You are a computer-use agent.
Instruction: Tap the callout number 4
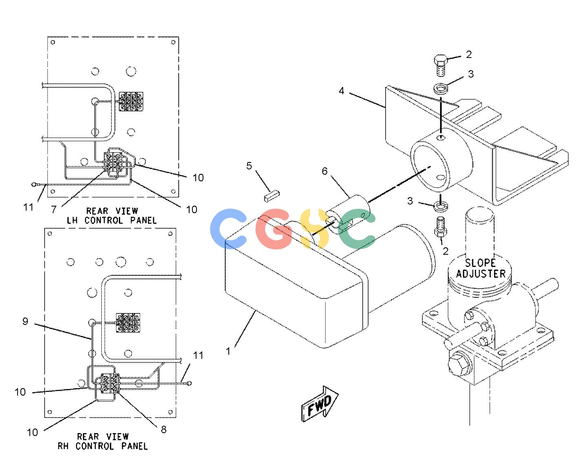tap(342, 91)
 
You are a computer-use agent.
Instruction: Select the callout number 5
tap(249, 166)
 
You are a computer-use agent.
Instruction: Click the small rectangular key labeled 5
tap(272, 196)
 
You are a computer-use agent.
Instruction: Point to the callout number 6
tap(325, 171)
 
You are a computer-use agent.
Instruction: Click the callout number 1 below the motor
tap(228, 351)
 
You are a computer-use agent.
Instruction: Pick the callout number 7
tap(54, 209)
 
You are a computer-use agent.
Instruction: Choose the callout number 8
tap(164, 429)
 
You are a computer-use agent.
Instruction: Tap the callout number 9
tap(25, 321)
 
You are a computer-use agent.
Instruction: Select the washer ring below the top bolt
tap(440, 89)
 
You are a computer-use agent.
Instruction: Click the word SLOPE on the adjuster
tap(480, 263)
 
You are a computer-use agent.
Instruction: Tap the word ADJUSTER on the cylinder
tap(481, 274)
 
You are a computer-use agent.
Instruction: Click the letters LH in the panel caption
tap(72, 220)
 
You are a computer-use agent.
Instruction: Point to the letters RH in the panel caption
tap(63, 446)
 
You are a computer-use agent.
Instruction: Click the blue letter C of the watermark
tap(228, 229)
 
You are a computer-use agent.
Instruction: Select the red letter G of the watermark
tap(274, 229)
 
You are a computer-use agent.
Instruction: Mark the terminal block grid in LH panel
tap(131, 101)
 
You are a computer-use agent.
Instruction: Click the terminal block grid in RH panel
tap(128, 323)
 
